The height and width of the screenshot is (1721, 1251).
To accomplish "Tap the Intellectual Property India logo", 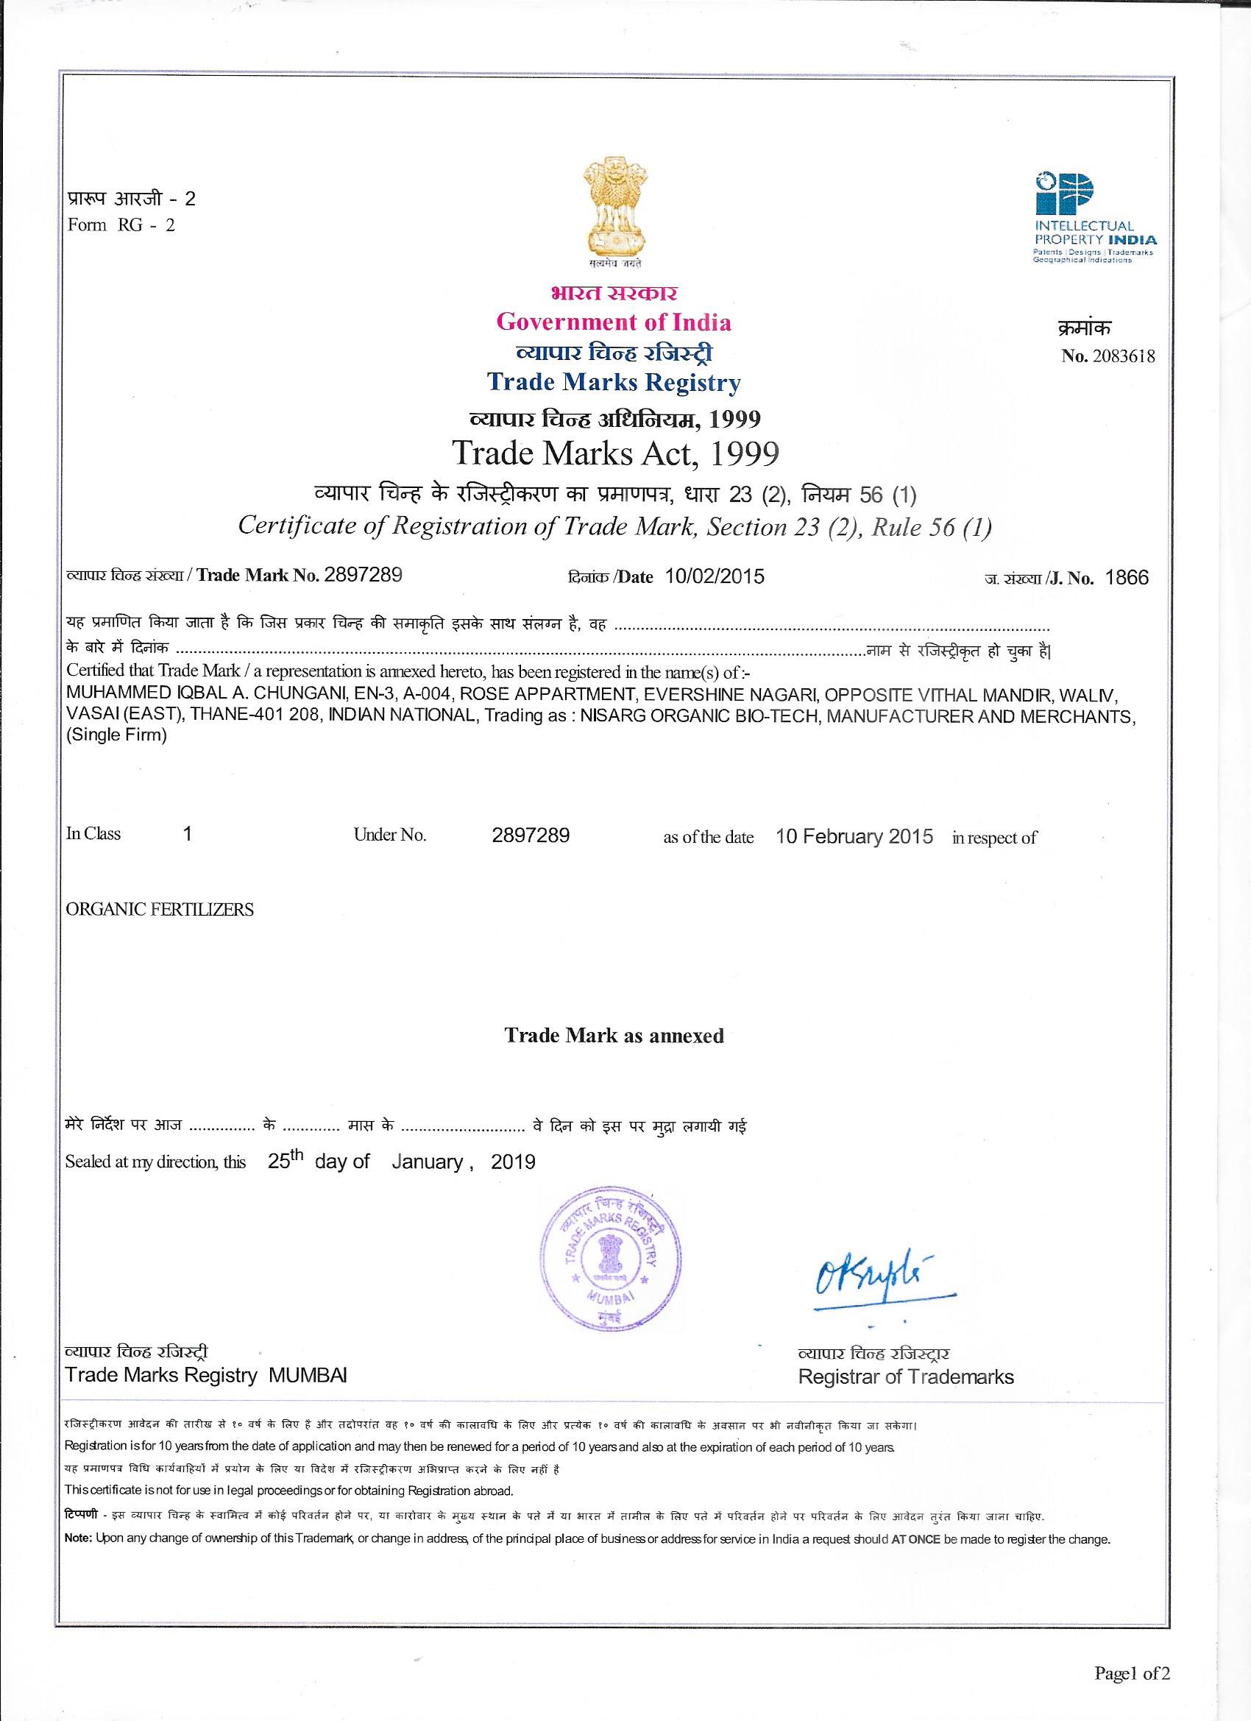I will coord(1095,217).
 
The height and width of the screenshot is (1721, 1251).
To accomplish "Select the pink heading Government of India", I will coord(614,322).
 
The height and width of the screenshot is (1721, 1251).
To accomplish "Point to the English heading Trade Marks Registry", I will coord(614,383).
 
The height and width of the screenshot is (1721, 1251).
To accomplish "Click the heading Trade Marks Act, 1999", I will coord(615,453).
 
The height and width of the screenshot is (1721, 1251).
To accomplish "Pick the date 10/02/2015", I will coord(715,576).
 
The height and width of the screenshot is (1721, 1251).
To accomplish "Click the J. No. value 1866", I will coord(1127,579).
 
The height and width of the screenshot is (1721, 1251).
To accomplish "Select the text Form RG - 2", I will coord(121,225).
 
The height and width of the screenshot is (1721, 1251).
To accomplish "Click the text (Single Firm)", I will coord(117,735).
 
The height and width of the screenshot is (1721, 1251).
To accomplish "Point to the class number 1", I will coord(188,834).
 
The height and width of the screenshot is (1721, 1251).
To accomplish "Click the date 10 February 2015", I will coord(854,837).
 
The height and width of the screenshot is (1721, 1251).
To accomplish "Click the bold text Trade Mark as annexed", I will coord(614,1036).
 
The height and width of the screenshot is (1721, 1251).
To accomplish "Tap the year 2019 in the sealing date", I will coord(513,1162).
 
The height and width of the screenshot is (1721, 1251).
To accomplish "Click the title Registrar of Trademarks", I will coord(906,1377).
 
